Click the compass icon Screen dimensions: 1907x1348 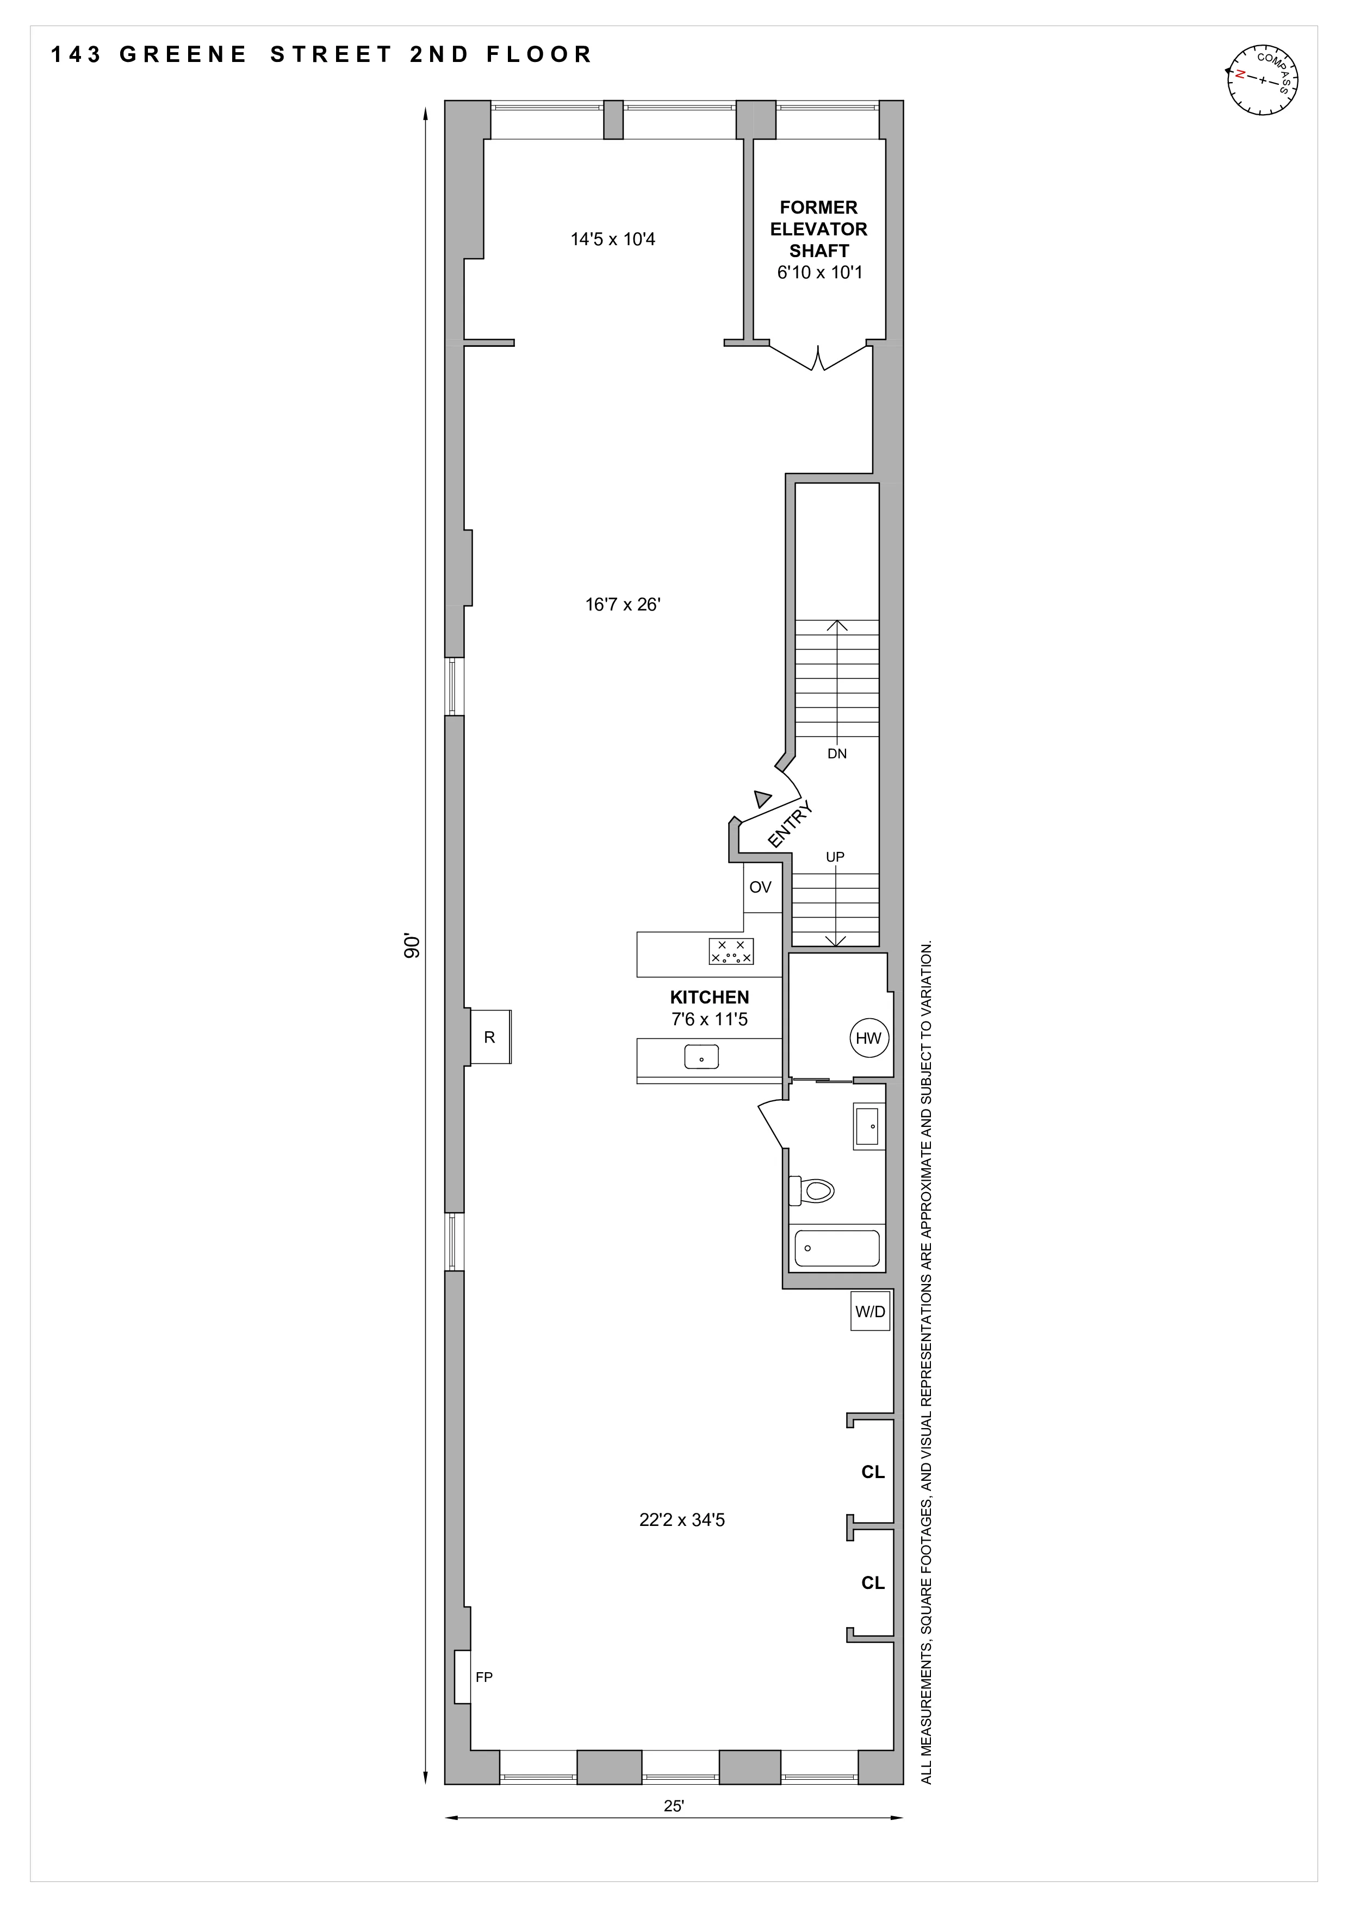(1263, 80)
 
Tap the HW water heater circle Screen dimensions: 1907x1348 (869, 1038)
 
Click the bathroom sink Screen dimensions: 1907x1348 (869, 1126)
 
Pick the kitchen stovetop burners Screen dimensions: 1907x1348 (731, 951)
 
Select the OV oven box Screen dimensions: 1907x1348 (761, 887)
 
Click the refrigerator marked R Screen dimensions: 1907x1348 (490, 1037)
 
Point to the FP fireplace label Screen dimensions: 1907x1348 (484, 1677)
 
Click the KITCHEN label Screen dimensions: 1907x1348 (709, 998)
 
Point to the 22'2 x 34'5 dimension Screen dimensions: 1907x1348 (682, 1520)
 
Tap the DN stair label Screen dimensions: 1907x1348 (837, 754)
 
